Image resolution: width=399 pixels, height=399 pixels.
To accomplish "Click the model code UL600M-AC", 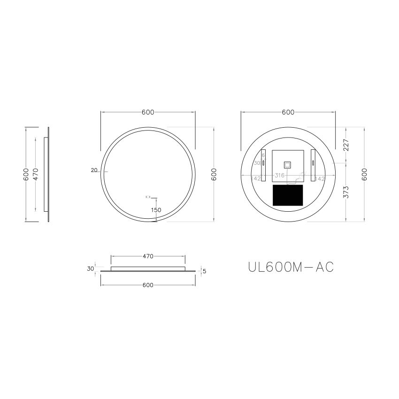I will point(291,267).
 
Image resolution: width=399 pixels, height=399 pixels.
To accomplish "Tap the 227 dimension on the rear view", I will point(346,145).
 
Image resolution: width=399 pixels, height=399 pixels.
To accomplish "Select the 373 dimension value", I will point(346,192).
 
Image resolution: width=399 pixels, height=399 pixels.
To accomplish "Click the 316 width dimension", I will point(280,175).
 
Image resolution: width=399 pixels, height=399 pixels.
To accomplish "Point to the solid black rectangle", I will point(288,194).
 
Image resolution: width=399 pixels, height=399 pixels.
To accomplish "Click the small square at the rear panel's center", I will point(287,165).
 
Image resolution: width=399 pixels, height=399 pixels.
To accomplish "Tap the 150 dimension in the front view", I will point(156,210).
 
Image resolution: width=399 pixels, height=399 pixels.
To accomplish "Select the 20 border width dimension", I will point(94,170).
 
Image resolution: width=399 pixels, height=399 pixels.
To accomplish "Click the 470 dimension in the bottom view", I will point(148,256).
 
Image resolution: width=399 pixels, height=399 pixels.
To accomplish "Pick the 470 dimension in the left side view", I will point(35,174).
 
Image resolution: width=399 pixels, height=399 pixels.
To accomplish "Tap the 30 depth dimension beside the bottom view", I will point(90,269).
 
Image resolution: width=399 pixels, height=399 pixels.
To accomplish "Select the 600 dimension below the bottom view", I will point(148,285).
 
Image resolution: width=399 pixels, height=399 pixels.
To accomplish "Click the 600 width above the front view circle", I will point(148,112).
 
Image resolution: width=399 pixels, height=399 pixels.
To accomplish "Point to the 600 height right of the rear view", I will point(364,174).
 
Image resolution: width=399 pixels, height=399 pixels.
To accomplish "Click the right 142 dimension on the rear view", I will point(321,179).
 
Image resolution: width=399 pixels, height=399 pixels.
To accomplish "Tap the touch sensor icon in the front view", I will point(148,196).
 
